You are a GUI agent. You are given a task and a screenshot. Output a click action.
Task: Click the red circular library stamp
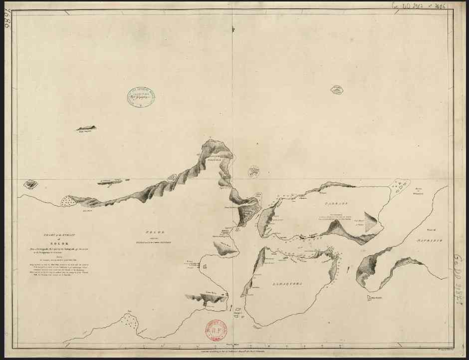(x=215, y=330)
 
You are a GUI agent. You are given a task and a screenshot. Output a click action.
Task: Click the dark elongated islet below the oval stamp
(x=86, y=128)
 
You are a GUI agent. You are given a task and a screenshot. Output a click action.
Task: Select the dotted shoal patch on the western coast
(x=67, y=201)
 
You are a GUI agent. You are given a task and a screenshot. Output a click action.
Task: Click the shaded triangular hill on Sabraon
(x=371, y=221)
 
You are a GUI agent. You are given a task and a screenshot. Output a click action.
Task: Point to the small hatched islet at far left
(x=31, y=184)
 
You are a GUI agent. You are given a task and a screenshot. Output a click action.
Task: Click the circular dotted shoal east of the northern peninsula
(x=254, y=171)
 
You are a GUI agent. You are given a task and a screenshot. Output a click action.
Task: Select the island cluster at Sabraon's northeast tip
(x=399, y=187)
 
